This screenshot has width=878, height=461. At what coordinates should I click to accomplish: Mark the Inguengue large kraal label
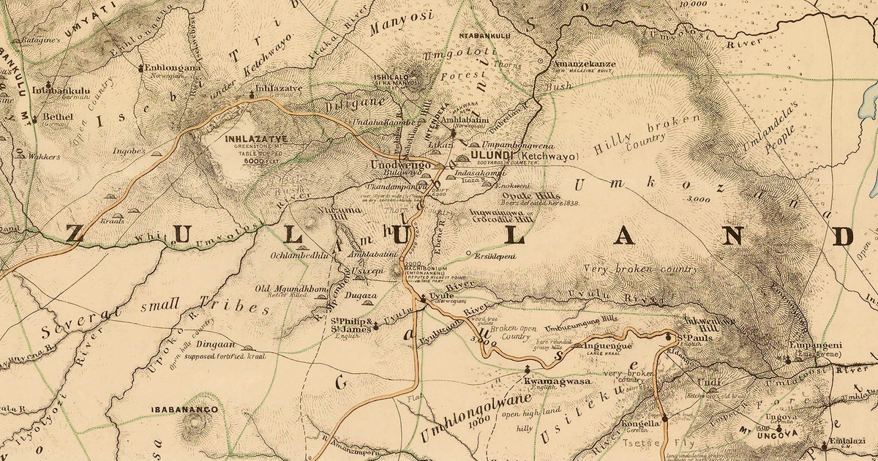coord(604,345)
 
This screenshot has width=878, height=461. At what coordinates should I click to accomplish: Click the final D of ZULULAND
coord(843,236)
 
